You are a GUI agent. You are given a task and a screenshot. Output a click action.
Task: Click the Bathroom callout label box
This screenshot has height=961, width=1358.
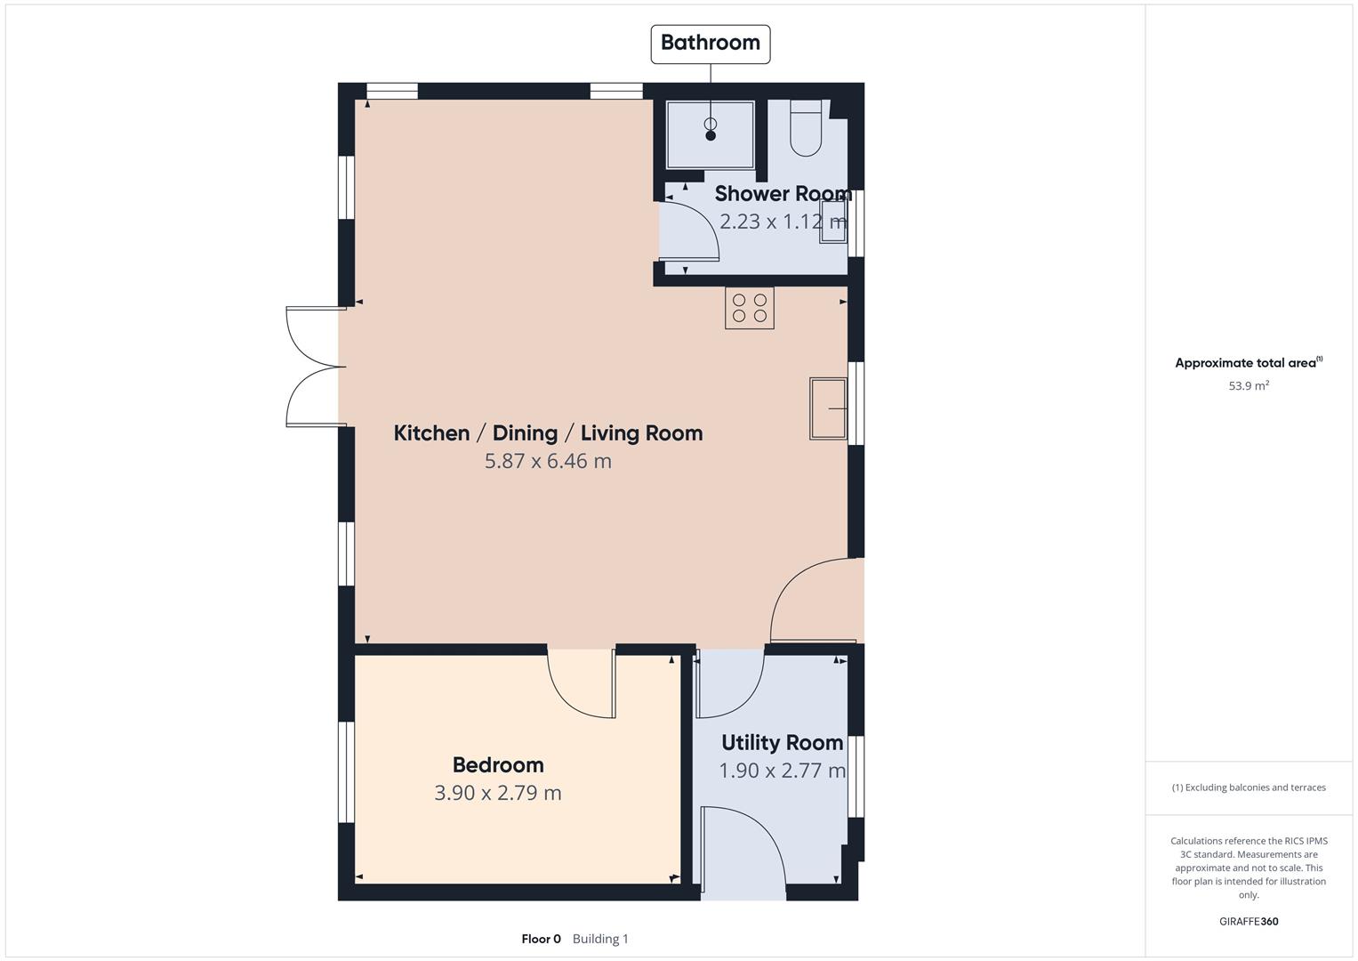coord(710,44)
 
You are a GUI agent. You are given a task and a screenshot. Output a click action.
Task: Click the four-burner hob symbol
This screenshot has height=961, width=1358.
coord(749,308)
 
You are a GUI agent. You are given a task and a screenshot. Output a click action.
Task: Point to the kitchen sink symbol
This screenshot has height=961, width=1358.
coord(828,408)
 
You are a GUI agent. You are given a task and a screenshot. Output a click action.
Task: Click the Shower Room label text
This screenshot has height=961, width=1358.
coord(783,194)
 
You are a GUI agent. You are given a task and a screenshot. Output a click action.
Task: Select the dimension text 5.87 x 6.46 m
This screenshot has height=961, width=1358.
coord(548,461)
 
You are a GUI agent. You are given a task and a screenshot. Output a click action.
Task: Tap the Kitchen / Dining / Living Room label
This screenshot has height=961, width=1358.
coord(548,433)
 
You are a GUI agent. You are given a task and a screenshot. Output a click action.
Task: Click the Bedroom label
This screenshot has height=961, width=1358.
coord(498,765)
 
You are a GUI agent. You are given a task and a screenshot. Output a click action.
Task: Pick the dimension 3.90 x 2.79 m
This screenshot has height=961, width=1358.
coord(498,793)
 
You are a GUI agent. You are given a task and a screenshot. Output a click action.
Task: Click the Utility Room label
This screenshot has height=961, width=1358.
coord(782,743)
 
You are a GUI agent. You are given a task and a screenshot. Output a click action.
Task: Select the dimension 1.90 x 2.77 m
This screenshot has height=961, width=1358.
coord(782,771)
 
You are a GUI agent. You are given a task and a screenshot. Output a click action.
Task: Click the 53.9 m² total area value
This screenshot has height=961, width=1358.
coord(1249,386)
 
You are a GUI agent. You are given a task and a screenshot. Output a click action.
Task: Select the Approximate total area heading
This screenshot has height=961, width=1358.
coord(1249,363)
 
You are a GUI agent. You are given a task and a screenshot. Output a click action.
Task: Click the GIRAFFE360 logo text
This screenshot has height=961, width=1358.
coord(1249,922)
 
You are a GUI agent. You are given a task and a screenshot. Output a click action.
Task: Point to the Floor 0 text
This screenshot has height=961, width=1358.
coord(541,939)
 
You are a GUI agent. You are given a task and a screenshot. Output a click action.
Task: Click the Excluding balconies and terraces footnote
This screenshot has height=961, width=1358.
coord(1249,787)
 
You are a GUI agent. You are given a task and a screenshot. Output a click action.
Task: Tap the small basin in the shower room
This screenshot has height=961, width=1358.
coord(833,221)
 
